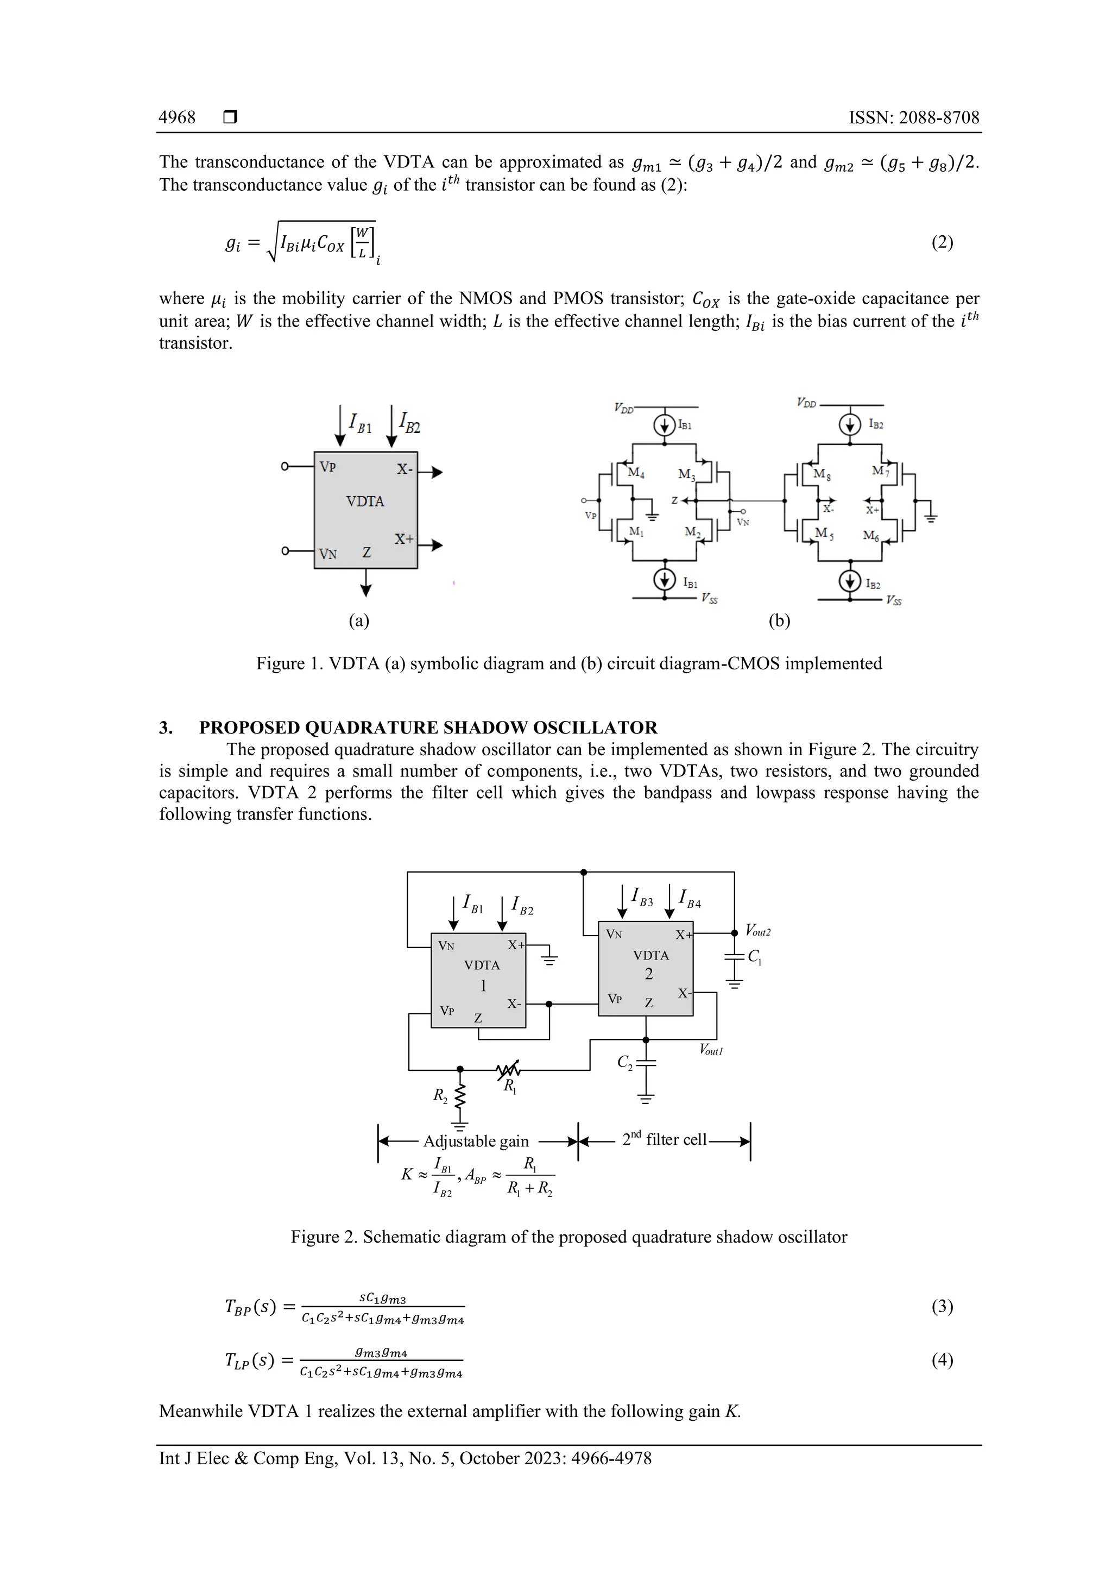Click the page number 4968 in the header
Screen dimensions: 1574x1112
point(177,117)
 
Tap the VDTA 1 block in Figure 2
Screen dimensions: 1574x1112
point(478,980)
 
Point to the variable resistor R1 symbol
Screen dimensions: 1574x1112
point(508,1069)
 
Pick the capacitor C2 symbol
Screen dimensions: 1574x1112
point(646,1063)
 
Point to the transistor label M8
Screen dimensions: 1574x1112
point(822,474)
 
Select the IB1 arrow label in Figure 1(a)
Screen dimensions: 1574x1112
point(361,423)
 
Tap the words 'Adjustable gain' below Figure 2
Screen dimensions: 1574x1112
point(476,1141)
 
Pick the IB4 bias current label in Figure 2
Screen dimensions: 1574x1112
point(690,898)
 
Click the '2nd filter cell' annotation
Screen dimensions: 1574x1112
point(664,1139)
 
